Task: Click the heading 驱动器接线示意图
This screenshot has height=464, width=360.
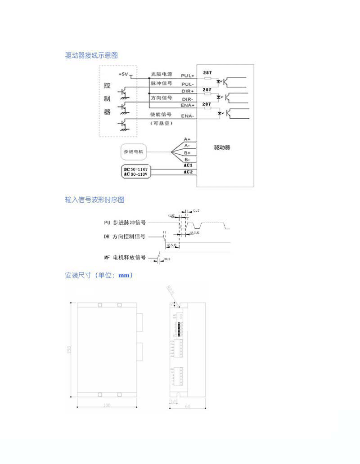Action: coord(91,55)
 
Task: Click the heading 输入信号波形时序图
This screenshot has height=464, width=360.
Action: coord(94,200)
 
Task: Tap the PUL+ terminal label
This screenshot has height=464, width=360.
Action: coord(188,76)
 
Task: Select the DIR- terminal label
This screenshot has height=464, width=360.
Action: coord(188,98)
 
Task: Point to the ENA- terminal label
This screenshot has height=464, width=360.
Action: coord(188,116)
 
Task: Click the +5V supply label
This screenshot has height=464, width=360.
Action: coord(123,73)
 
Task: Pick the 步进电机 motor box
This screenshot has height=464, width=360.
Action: coord(133,152)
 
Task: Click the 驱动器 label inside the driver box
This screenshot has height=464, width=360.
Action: coord(222,147)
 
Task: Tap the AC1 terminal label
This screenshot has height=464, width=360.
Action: coord(188,165)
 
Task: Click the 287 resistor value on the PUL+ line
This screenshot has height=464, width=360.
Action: coord(207,72)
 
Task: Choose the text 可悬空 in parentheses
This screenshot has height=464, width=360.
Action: coord(161,124)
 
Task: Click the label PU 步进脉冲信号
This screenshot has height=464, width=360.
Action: coord(125,223)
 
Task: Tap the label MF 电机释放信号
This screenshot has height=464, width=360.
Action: coord(125,258)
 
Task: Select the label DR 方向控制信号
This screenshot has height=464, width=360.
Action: coord(125,236)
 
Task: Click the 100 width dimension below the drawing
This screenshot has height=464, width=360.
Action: coord(107,406)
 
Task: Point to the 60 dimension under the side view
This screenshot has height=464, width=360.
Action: coord(188,406)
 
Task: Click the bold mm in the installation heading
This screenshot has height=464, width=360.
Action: coord(124,275)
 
